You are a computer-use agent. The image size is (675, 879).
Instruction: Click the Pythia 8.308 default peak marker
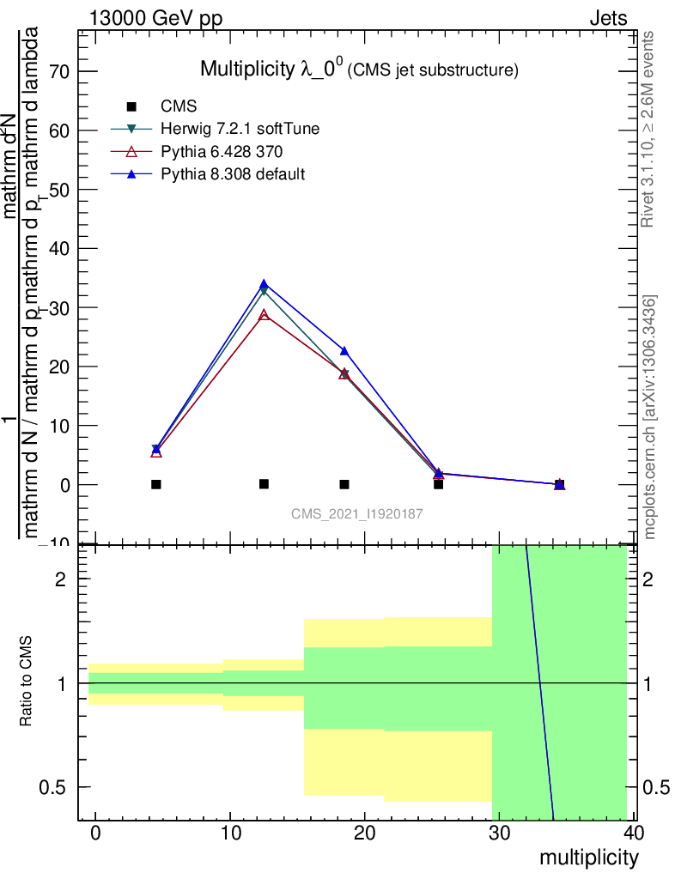[x=264, y=284]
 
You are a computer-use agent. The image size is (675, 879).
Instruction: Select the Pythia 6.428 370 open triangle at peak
[x=264, y=315]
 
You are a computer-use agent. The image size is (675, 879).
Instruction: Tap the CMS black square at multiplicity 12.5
[x=264, y=484]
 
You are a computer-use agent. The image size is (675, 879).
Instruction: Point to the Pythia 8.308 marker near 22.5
[x=344, y=350]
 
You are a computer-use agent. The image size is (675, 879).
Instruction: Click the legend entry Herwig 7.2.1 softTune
[x=240, y=130]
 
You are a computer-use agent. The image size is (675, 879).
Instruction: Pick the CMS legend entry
[x=179, y=106]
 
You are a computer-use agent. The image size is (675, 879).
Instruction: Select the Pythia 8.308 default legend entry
[x=233, y=174]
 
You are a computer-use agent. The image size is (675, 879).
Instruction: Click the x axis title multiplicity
[x=588, y=858]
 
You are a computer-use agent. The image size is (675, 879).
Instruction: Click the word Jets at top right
[x=607, y=18]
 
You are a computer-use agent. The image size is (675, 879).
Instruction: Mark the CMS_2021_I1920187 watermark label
[x=356, y=513]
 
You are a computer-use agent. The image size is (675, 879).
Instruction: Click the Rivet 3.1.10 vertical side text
[x=648, y=129]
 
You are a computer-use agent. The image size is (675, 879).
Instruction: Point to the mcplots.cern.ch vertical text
[x=650, y=416]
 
